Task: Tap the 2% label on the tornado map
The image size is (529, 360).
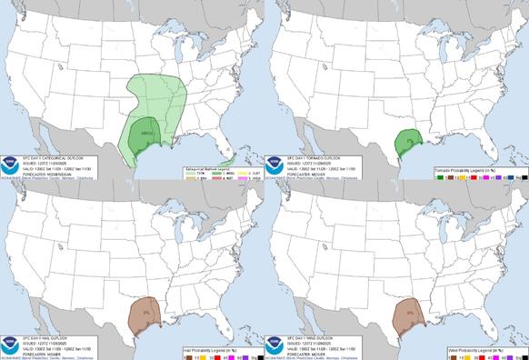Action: click(x=411, y=139)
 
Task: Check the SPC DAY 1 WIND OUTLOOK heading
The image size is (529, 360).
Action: click(x=307, y=325)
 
